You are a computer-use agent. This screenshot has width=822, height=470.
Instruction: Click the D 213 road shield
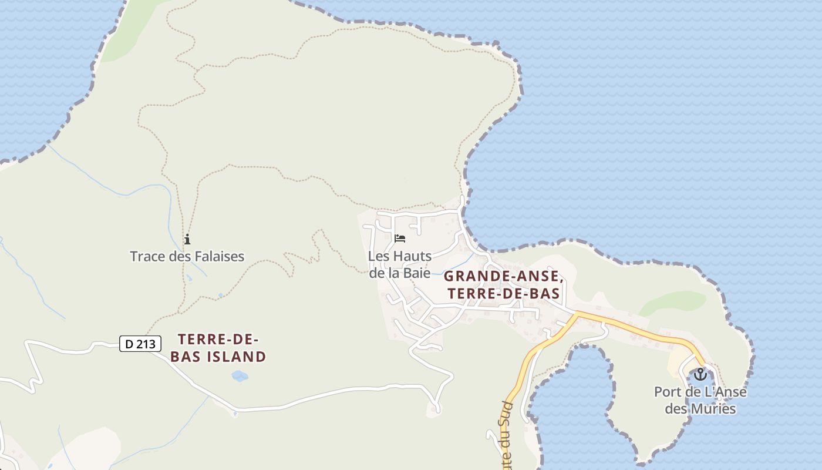tap(140, 344)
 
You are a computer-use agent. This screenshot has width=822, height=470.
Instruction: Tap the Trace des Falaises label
tap(187, 257)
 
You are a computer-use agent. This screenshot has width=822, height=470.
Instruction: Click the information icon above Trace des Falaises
tap(187, 239)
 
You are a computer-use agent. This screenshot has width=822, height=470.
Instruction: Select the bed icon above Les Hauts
tap(400, 239)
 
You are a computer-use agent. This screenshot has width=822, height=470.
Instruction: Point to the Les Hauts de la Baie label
tap(400, 264)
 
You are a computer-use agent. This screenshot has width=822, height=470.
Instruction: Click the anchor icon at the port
tap(700, 374)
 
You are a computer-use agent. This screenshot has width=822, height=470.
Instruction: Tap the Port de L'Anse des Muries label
tap(700, 400)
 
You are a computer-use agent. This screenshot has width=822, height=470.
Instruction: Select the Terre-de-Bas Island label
tap(222, 348)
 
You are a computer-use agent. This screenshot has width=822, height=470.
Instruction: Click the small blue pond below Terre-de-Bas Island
tap(240, 375)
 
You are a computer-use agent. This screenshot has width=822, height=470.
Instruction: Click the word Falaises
tap(216, 257)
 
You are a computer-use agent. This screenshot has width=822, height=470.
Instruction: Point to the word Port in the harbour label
tap(667, 392)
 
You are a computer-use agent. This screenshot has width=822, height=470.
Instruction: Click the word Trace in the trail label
tap(146, 257)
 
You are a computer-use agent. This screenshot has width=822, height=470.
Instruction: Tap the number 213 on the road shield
tap(146, 344)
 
